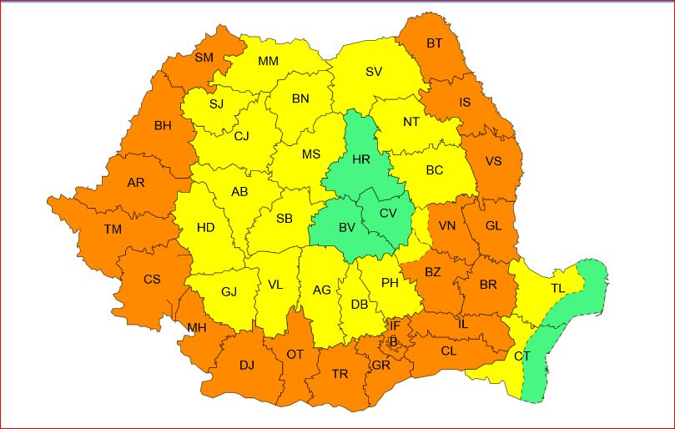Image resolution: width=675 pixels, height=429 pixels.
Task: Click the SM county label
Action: [x=204, y=58]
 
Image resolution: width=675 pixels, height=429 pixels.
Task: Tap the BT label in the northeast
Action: [x=435, y=43]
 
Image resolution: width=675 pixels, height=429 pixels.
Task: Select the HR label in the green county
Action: [x=361, y=159]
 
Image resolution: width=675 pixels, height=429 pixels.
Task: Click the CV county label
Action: [x=388, y=213]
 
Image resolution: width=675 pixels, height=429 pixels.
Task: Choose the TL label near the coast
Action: [x=557, y=288]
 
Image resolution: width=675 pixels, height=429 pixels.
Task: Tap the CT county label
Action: [x=522, y=356]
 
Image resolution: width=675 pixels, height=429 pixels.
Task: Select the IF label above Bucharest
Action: [x=395, y=325]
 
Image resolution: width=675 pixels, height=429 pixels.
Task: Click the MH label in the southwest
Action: [x=196, y=328]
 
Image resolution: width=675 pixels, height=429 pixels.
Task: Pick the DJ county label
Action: [x=246, y=365]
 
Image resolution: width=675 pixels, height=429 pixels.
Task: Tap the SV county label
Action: [x=374, y=72]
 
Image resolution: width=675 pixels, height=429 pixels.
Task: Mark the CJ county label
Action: [x=242, y=136]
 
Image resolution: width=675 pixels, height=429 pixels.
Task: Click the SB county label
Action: [x=285, y=219]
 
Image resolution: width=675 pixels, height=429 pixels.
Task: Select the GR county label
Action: [x=380, y=365]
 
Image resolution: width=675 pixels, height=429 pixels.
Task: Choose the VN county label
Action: [x=448, y=225]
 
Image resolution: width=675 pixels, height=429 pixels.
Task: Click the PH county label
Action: [x=390, y=283]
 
